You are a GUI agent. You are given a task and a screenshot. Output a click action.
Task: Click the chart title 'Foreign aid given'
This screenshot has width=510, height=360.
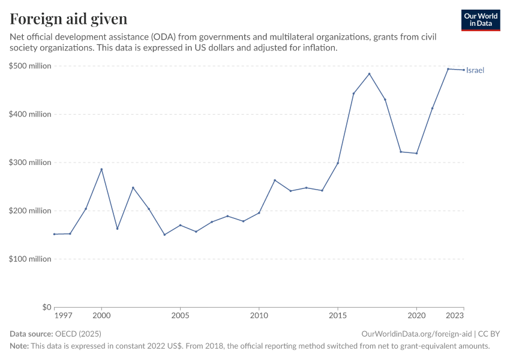tap(68, 19)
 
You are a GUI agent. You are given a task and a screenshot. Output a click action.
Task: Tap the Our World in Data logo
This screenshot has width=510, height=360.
tap(480, 20)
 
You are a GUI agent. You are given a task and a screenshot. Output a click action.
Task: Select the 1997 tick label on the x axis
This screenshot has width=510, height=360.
tap(62, 315)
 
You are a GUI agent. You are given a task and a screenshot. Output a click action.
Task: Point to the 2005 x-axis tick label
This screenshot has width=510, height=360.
tap(180, 315)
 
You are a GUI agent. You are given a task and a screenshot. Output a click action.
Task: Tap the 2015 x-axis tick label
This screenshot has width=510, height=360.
tap(338, 315)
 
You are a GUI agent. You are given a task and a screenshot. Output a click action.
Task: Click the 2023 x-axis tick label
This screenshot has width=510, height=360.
tap(455, 315)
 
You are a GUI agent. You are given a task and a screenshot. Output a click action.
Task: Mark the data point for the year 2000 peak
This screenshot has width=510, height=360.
tap(101, 169)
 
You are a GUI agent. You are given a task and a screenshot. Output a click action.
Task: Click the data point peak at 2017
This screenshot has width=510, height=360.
tap(369, 74)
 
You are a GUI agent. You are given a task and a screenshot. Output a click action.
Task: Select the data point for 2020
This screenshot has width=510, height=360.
tap(416, 153)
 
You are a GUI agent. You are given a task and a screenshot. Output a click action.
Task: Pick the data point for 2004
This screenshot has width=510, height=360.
tap(164, 235)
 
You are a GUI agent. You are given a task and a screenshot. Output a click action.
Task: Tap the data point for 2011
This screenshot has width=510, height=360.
tap(275, 180)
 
